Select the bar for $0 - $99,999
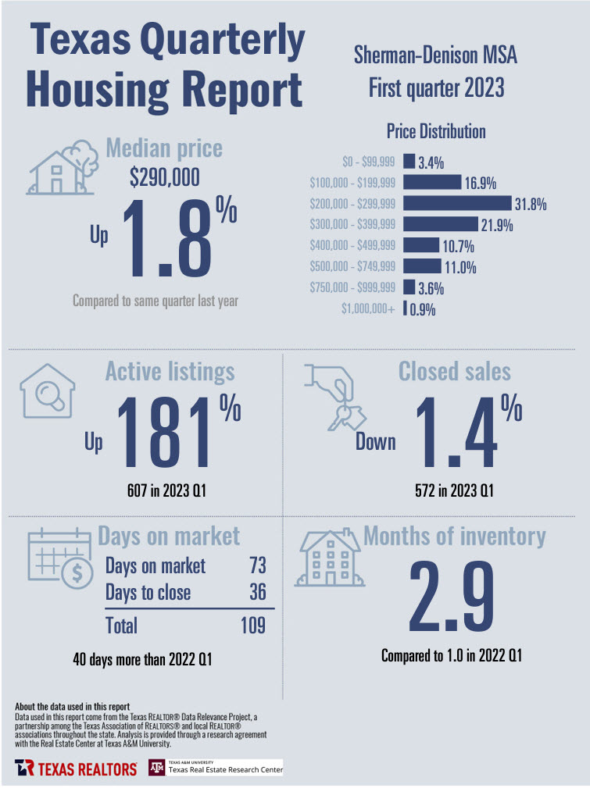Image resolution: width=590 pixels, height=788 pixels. (x=409, y=162)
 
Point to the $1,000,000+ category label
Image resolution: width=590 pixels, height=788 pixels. (x=367, y=308)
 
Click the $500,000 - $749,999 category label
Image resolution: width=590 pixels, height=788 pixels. (x=352, y=267)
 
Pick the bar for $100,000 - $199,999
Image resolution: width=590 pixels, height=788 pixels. (x=432, y=184)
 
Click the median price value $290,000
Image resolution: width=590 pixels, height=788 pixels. (x=164, y=178)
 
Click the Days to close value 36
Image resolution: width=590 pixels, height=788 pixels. (x=256, y=593)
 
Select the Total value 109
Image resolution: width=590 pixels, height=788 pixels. (x=252, y=625)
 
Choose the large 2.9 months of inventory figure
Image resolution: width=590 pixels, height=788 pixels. (x=452, y=599)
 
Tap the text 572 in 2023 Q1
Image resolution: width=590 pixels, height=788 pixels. (x=454, y=492)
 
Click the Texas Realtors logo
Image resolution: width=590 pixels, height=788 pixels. (x=76, y=768)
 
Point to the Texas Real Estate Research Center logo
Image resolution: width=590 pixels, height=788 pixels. (x=216, y=768)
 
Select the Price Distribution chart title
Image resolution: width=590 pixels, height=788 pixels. (x=436, y=131)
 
